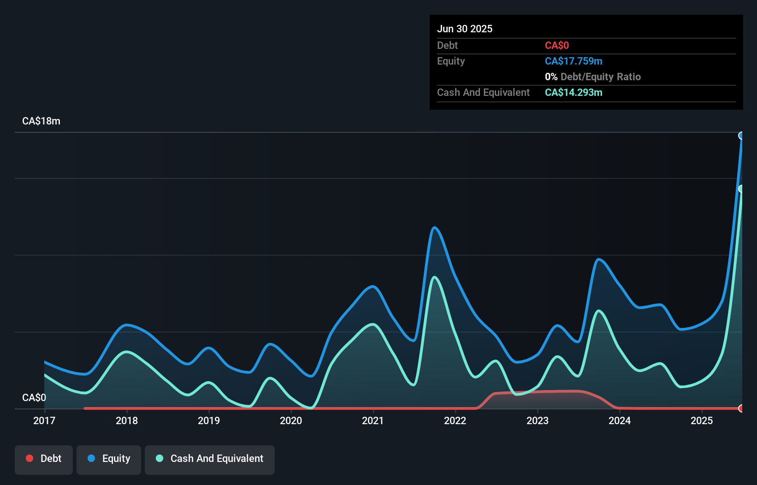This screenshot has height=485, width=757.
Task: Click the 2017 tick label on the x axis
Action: coord(44,420)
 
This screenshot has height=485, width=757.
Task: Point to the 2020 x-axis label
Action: coord(291,420)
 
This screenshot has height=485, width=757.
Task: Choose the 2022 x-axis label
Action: coord(455,420)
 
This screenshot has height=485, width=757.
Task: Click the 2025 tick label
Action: coord(702,420)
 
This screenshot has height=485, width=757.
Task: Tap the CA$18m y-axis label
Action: coord(41,121)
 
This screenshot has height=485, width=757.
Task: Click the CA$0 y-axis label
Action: coord(34,397)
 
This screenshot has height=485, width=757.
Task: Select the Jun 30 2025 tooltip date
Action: coord(465,29)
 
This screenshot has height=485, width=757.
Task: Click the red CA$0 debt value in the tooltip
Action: coord(556,45)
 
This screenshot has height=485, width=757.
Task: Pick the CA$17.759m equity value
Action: coord(574,61)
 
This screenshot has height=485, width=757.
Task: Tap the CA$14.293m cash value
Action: coord(574,92)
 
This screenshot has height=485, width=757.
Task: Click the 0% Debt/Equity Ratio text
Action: coord(592,77)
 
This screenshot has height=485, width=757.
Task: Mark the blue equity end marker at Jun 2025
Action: coord(741,136)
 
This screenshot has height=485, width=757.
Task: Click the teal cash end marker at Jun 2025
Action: coord(741,189)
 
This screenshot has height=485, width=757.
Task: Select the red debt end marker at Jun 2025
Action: coord(741,408)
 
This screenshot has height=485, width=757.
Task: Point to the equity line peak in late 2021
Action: coord(434,227)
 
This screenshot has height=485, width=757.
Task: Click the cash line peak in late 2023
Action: coord(598,311)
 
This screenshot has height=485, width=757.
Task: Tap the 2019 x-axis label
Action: coord(209,420)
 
